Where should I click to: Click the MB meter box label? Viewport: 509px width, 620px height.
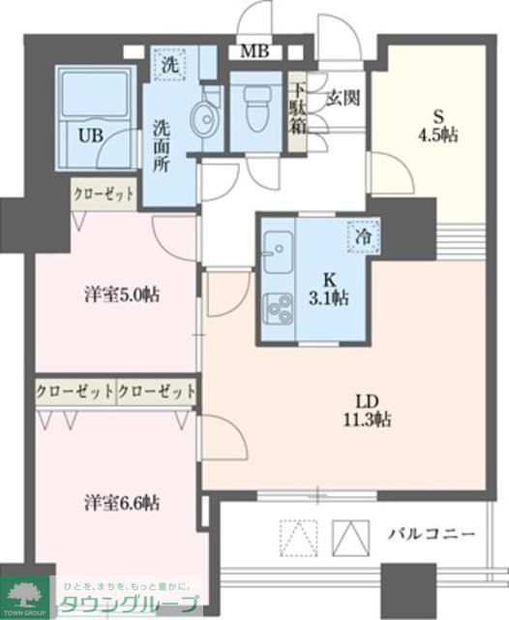[255, 52]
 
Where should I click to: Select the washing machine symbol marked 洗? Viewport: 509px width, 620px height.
[170, 66]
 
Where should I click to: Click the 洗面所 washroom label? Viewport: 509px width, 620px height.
[162, 144]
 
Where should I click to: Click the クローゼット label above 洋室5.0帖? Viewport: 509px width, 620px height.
[104, 194]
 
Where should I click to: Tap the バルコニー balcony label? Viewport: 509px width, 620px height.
[432, 533]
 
